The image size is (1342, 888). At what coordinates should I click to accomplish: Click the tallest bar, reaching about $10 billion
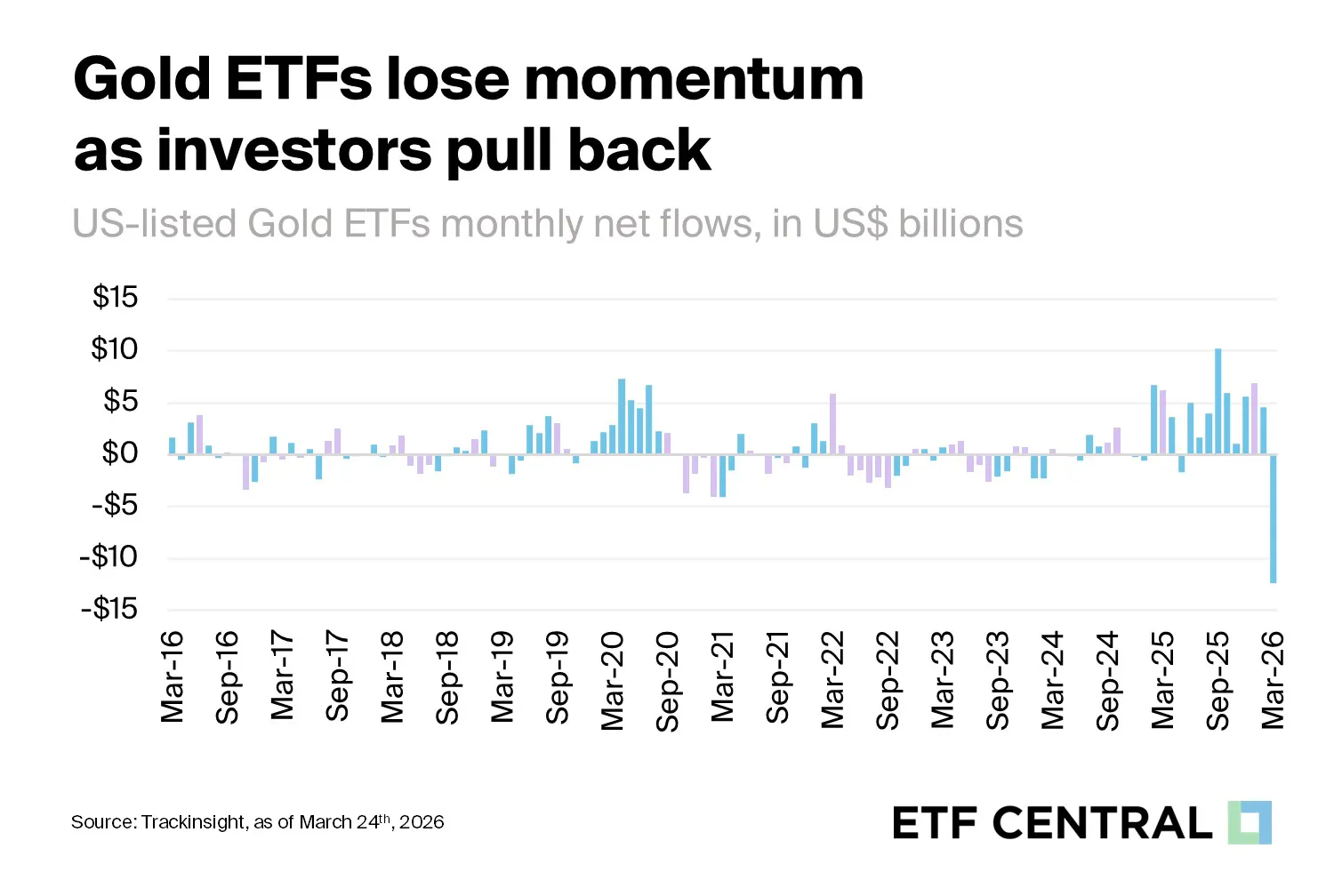click(x=1217, y=401)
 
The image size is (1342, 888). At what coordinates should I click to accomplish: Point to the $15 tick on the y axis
click(x=116, y=297)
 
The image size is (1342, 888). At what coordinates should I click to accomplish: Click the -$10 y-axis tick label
click(x=108, y=557)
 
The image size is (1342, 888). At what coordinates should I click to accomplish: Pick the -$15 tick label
click(x=108, y=609)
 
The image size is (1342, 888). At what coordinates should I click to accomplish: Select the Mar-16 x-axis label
click(x=172, y=676)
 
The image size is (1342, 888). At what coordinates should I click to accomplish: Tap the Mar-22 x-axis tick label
click(x=832, y=680)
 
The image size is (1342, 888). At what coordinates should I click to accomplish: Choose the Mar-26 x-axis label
click(x=1273, y=680)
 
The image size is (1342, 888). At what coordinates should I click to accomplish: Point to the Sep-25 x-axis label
click(x=1217, y=681)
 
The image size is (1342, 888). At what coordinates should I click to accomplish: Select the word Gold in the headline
click(x=142, y=79)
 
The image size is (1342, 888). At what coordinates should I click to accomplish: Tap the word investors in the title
click(x=294, y=150)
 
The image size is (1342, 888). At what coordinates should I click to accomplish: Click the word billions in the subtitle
click(x=960, y=224)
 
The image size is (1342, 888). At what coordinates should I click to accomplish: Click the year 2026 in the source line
click(x=422, y=822)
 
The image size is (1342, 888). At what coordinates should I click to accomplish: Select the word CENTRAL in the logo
click(x=1102, y=823)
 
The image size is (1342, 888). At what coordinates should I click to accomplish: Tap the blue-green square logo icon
click(x=1250, y=822)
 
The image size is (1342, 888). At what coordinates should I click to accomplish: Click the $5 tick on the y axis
click(x=121, y=401)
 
